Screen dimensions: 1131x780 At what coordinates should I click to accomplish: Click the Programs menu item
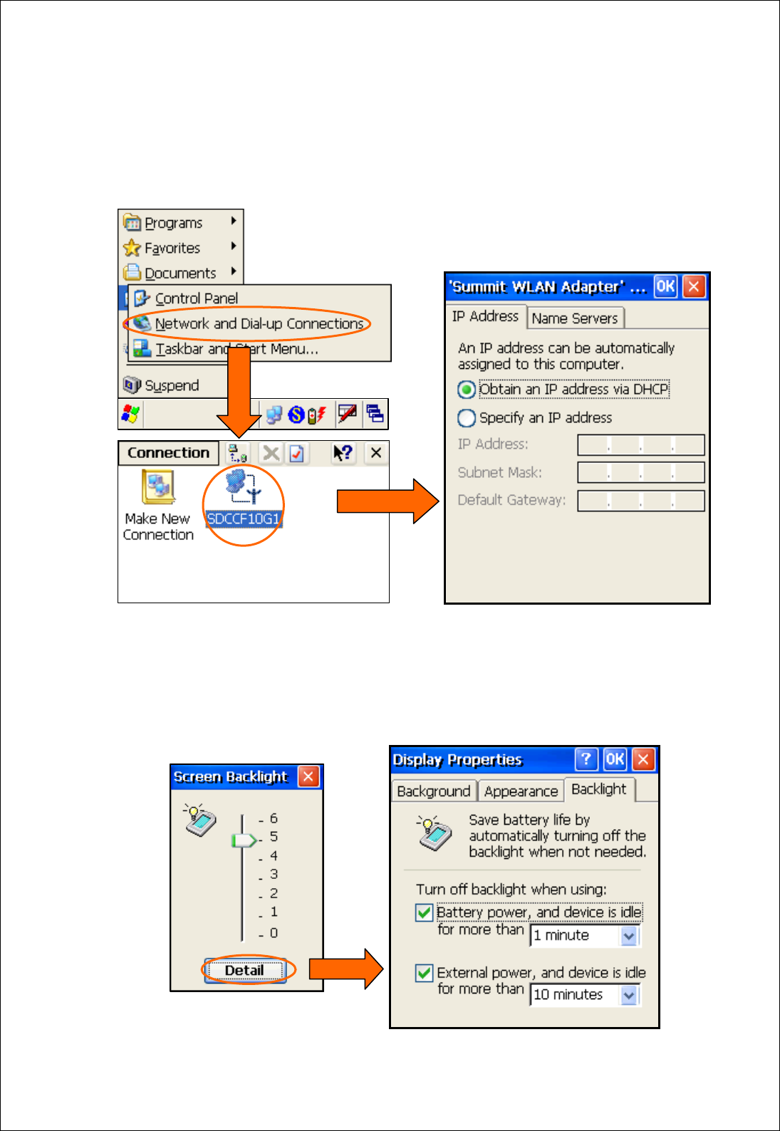pos(173,223)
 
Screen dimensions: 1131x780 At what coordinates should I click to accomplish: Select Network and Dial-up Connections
pos(259,324)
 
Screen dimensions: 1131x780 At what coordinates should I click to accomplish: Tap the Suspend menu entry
pos(171,385)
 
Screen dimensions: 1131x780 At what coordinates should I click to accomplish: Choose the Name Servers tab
pos(575,318)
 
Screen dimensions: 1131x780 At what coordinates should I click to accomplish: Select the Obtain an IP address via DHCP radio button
pos(467,390)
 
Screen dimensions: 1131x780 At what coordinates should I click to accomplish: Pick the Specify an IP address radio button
pos(467,418)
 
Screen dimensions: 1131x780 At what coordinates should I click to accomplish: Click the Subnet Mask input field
pos(640,472)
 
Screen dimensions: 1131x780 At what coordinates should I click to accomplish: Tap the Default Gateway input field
pos(640,501)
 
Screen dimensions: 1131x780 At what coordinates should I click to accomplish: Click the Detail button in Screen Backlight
pos(244,971)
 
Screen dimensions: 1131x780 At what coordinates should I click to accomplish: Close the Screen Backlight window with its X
pos(308,776)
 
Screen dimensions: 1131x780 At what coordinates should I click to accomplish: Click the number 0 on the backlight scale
pos(274,933)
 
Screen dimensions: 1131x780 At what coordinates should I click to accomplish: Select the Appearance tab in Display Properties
pos(521,791)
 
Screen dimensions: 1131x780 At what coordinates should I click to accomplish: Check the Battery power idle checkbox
pos(425,912)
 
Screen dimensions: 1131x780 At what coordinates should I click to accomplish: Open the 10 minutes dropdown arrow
pos(629,995)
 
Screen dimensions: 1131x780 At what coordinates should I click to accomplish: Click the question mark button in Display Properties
pos(586,759)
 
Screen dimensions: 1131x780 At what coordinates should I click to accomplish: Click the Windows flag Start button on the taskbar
pos(131,414)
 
